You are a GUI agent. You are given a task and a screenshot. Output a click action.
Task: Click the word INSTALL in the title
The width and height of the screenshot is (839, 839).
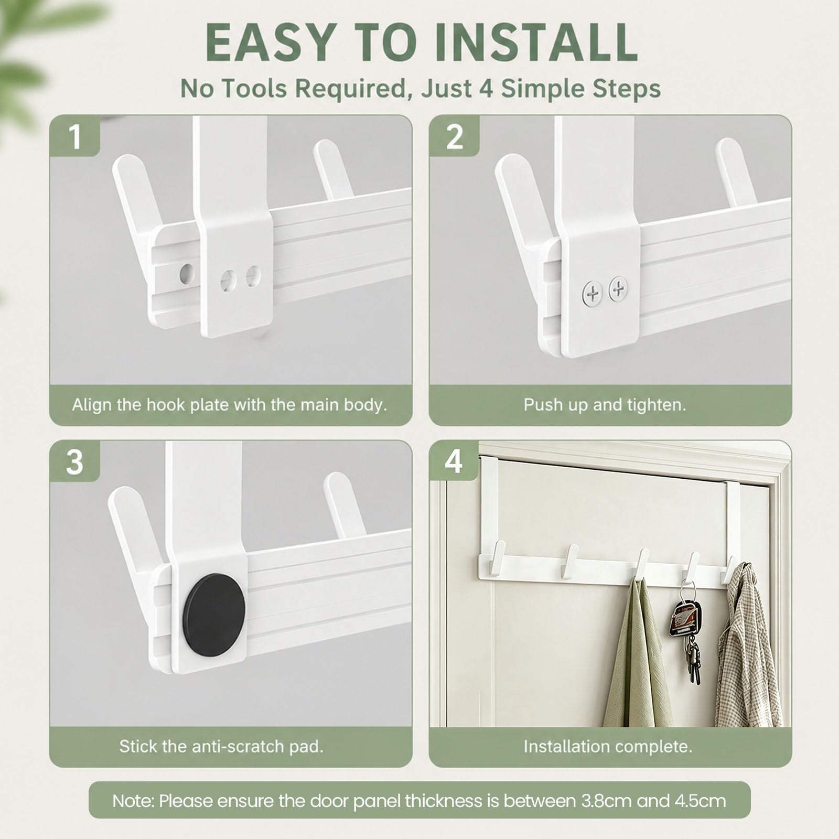pyautogui.click(x=536, y=42)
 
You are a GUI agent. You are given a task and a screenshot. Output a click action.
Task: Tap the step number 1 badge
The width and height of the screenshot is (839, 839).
pyautogui.click(x=75, y=136)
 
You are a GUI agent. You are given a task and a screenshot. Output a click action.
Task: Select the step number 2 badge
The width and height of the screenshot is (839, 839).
pyautogui.click(x=454, y=136)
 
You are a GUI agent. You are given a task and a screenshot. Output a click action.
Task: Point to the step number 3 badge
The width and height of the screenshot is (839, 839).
pyautogui.click(x=75, y=461)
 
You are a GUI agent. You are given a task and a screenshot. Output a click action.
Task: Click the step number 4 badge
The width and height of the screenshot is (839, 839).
pyautogui.click(x=454, y=461)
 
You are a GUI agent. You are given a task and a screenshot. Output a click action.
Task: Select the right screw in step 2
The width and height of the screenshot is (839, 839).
pyautogui.click(x=619, y=289)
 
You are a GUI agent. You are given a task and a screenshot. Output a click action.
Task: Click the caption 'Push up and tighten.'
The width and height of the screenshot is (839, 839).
pyautogui.click(x=605, y=405)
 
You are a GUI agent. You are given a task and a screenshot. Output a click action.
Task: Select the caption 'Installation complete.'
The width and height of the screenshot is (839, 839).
pyautogui.click(x=608, y=746)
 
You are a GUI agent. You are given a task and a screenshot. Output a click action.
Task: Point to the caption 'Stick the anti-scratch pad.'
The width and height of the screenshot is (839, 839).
pyautogui.click(x=221, y=746)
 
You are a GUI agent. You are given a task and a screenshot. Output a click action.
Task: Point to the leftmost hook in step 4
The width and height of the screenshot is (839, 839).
pyautogui.click(x=495, y=556)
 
